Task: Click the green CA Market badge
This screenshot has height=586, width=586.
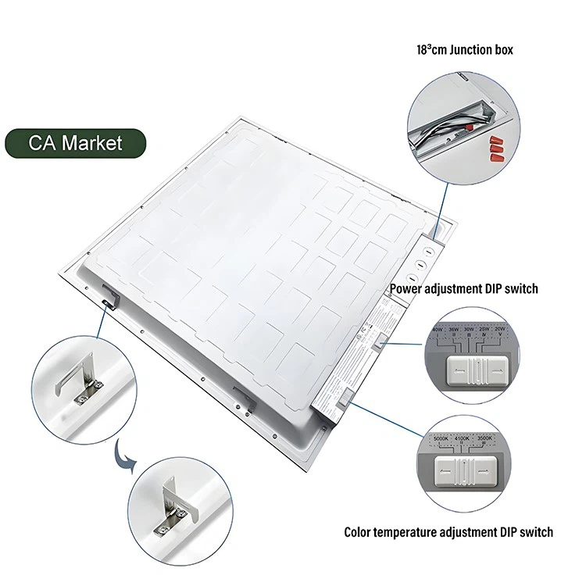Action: click(75, 144)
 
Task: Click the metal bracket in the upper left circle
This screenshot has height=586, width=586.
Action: click(77, 384)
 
